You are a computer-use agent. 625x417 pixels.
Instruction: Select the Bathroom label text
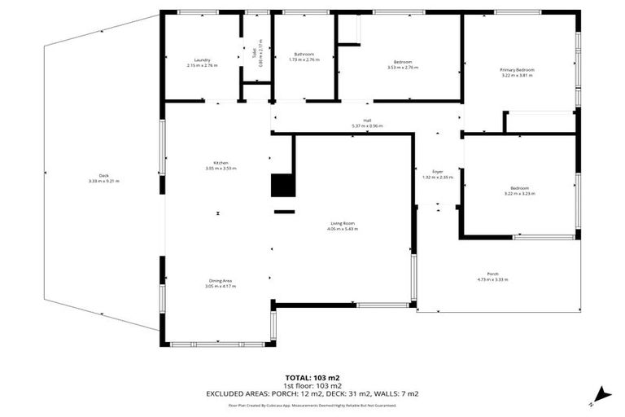pyautogui.click(x=304, y=55)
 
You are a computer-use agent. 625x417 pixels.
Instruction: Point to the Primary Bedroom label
pyautogui.click(x=517, y=70)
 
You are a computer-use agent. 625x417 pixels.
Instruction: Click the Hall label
pyautogui.click(x=367, y=121)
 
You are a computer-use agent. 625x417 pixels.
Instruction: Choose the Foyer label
pyautogui.click(x=437, y=172)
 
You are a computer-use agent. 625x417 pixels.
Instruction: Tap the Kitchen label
pyautogui.click(x=220, y=163)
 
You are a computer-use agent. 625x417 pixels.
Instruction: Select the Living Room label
pyautogui.click(x=343, y=223)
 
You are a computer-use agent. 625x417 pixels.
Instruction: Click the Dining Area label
pyautogui.click(x=221, y=281)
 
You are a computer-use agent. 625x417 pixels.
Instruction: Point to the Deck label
pyautogui.click(x=103, y=176)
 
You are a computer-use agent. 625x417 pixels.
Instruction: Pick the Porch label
pyautogui.click(x=492, y=274)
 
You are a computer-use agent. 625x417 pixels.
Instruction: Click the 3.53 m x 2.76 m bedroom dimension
pyautogui.click(x=403, y=68)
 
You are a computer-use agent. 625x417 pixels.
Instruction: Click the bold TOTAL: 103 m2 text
pyautogui.click(x=312, y=378)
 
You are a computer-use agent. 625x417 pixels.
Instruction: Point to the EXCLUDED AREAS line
pyautogui.click(x=312, y=393)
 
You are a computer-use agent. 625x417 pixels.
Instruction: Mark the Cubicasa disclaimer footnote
pyautogui.click(x=312, y=403)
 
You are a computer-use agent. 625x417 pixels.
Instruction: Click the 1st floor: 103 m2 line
pyautogui.click(x=312, y=386)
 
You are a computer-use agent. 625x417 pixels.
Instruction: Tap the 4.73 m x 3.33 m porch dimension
pyautogui.click(x=492, y=279)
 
